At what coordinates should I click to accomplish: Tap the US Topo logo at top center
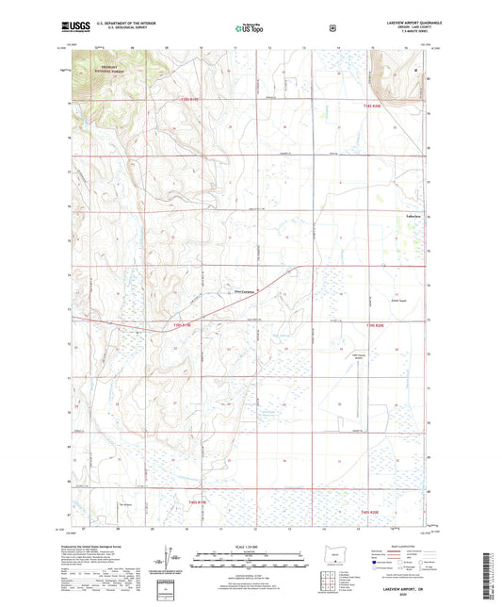[250, 28]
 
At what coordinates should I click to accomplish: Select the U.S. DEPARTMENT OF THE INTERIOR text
[140, 21]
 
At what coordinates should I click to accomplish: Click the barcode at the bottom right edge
[491, 575]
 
